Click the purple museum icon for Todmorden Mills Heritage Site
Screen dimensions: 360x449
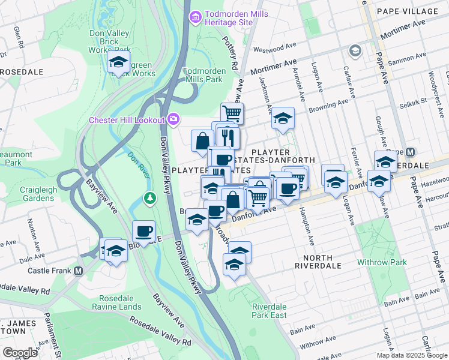[194, 18]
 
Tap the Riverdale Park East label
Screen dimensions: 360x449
[268, 310]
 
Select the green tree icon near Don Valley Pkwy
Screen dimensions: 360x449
[149, 197]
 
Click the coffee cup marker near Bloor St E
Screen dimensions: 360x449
[144, 230]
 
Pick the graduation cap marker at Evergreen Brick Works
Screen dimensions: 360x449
[119, 61]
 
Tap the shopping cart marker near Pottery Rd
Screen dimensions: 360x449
[232, 112]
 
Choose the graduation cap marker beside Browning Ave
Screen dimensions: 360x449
[282, 118]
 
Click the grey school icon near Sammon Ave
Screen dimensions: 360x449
[355, 50]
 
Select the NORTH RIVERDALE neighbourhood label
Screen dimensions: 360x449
[318, 265]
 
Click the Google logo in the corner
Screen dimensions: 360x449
[20, 353]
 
